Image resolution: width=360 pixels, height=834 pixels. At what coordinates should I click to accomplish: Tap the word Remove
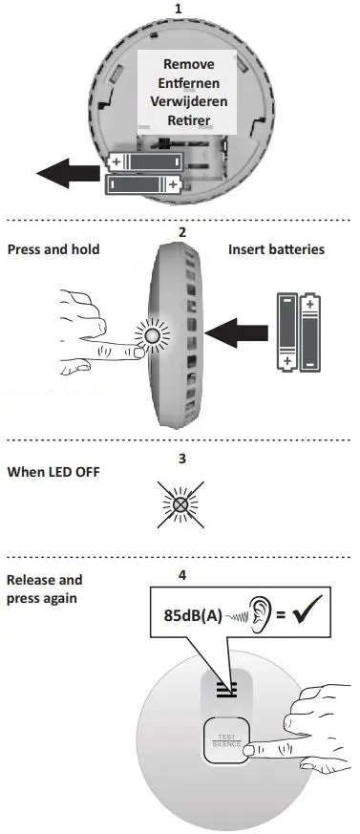(x=188, y=64)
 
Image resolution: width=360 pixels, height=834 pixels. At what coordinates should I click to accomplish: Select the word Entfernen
(x=188, y=83)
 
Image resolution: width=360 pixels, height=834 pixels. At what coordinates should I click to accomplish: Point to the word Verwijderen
(x=188, y=102)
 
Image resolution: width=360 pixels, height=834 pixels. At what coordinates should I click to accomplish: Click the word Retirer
(x=188, y=121)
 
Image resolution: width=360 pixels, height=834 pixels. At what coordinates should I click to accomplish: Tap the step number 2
(x=181, y=232)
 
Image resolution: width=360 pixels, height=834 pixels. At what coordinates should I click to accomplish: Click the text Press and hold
(x=53, y=249)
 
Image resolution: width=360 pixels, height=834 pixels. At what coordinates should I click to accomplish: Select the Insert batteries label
(x=277, y=249)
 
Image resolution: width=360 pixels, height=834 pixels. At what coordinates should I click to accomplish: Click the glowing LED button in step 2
(x=150, y=337)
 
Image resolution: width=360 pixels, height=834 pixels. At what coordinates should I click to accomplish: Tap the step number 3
(x=181, y=458)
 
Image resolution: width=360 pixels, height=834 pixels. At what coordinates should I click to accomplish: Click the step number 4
(x=181, y=575)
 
